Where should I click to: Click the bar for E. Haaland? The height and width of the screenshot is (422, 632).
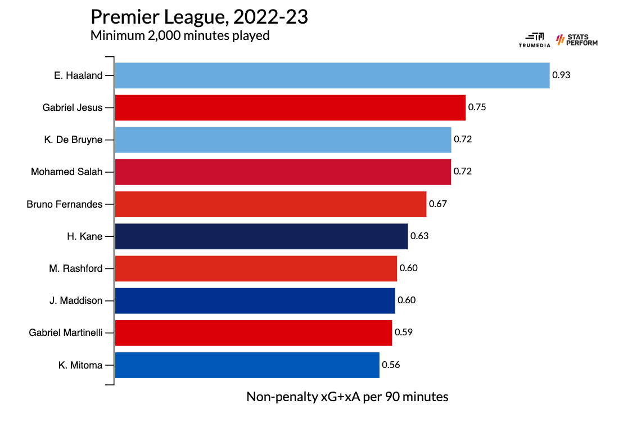point(332,75)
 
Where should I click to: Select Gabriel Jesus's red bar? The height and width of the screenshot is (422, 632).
point(290,107)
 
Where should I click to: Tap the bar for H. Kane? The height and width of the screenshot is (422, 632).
point(261,236)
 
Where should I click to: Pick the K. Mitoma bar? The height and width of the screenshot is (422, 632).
point(247,365)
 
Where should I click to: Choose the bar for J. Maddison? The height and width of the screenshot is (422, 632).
point(255,300)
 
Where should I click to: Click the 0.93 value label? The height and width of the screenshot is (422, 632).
point(561,75)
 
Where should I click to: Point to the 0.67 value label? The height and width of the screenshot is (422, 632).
point(438,204)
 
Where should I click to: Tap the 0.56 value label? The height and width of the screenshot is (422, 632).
point(391,365)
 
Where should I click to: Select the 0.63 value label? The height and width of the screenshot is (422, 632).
point(419,236)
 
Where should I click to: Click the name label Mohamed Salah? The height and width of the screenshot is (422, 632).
point(67,172)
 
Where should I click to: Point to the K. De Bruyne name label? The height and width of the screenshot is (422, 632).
point(73,140)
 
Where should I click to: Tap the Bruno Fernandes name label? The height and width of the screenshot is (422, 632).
point(65,204)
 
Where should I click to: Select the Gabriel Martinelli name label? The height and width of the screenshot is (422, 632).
point(66,333)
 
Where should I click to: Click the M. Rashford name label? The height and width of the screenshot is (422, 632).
point(76,268)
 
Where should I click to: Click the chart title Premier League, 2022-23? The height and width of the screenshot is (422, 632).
point(199,17)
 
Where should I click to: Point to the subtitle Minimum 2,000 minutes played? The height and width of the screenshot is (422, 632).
point(180,36)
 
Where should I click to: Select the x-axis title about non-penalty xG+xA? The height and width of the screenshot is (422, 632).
point(347,397)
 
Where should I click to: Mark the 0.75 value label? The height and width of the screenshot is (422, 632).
point(477,107)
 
